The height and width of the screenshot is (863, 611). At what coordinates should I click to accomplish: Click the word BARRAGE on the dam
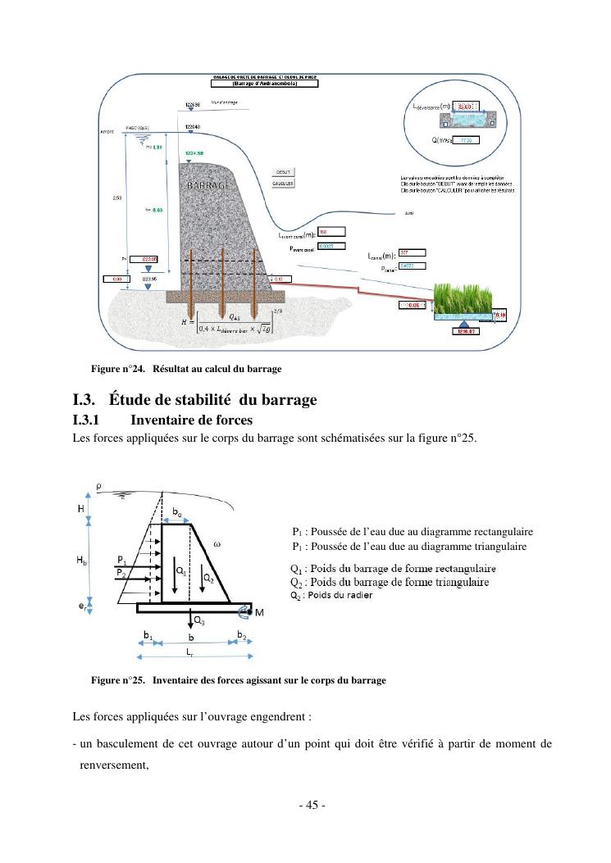(208, 186)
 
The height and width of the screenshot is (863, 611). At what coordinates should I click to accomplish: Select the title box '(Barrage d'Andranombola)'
(264, 83)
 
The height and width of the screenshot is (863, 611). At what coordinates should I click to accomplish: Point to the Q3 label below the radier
(199, 621)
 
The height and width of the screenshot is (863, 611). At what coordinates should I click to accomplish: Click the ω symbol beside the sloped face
(217, 543)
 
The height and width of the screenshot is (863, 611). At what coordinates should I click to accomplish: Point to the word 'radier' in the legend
(359, 595)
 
